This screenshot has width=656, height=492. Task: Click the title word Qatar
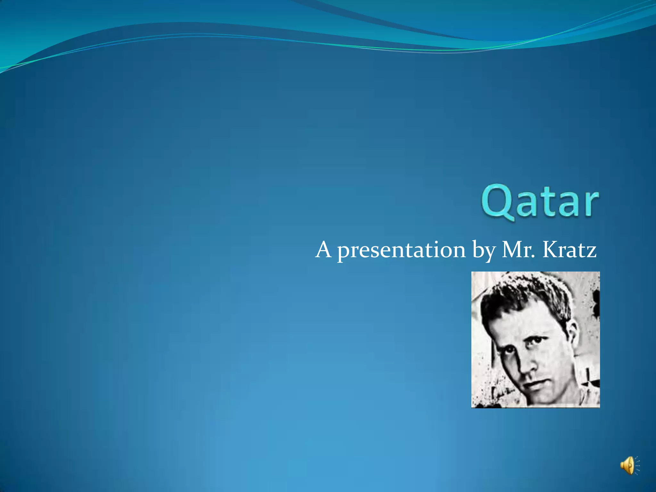pos(539,202)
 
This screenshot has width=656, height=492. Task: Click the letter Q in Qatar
pos(497,202)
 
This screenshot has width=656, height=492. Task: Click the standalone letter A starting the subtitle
pos(323,250)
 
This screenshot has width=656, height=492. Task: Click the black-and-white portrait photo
pos(535,340)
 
